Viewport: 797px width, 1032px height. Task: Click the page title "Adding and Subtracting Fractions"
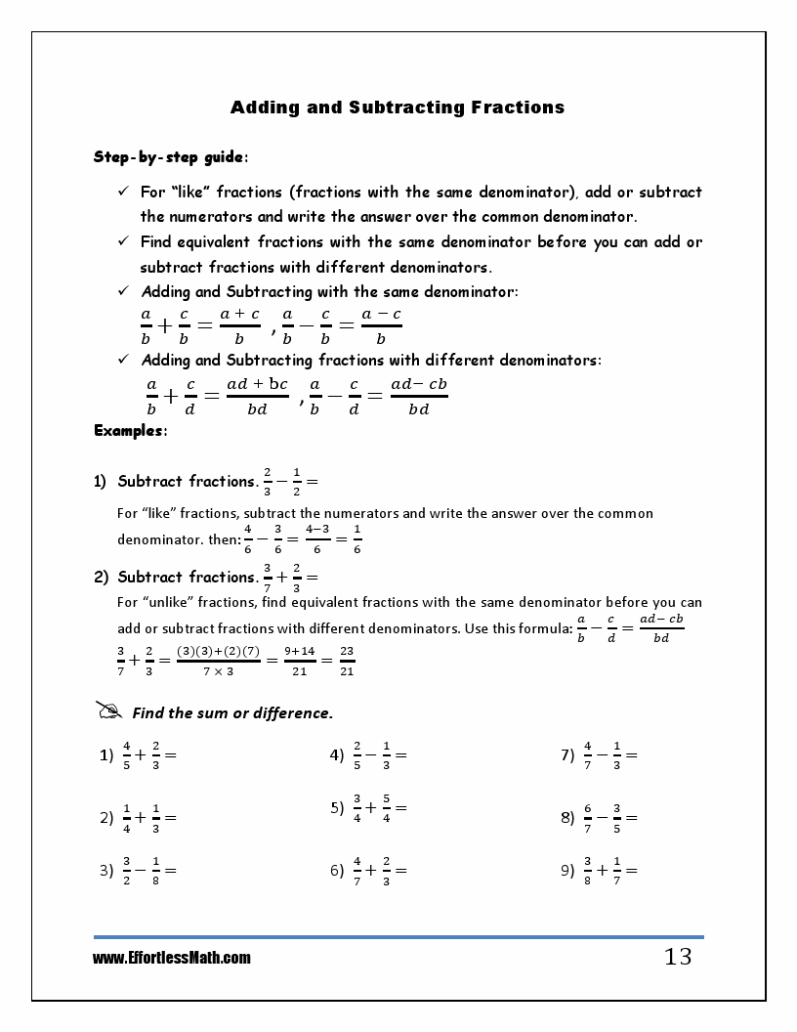tap(398, 107)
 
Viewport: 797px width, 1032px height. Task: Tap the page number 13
tap(678, 957)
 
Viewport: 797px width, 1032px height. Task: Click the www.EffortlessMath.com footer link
tap(172, 958)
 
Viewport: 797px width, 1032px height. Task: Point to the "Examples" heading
tap(130, 430)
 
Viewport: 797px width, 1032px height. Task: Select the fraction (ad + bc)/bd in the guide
tap(257, 396)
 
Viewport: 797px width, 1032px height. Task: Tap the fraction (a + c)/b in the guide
tap(239, 325)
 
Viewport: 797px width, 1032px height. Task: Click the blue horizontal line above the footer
tap(398, 937)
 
